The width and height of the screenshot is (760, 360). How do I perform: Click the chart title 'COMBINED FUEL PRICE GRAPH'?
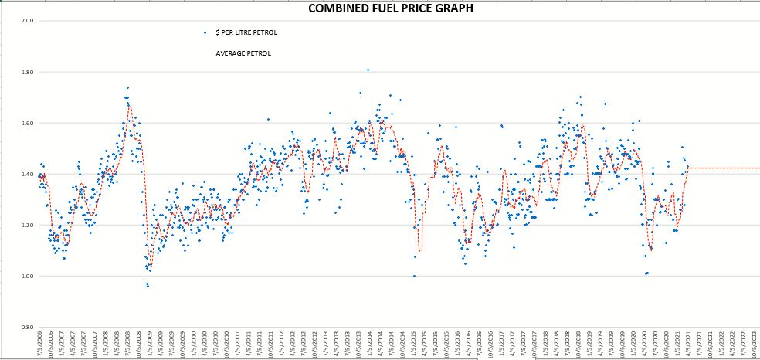pos(379,8)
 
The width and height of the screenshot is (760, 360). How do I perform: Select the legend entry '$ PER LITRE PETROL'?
pos(246,32)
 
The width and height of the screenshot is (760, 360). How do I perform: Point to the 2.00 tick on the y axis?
pos(27,21)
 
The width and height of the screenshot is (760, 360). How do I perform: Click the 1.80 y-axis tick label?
pos(27,72)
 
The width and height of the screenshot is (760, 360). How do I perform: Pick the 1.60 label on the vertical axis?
pos(27,123)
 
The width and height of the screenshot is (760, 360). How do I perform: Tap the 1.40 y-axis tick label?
pos(27,174)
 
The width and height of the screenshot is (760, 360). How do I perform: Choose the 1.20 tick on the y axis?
pos(27,225)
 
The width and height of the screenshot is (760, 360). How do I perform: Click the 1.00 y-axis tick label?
pos(27,276)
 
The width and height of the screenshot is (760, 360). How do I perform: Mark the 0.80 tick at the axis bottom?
pos(27,327)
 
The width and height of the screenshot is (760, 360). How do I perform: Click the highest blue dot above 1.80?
pos(368,70)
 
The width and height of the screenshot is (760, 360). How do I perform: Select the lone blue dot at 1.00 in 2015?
pos(414,276)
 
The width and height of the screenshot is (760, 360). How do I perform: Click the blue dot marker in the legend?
pos(205,32)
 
